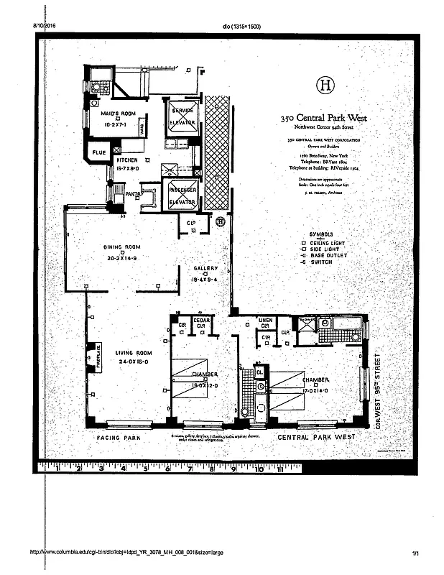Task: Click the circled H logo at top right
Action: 326,86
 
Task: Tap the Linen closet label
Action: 266,320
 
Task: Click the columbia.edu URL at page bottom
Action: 126,552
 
